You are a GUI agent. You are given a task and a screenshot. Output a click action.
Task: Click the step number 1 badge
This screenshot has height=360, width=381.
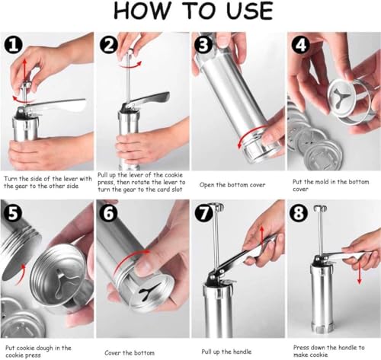pyautogui.click(x=14, y=45)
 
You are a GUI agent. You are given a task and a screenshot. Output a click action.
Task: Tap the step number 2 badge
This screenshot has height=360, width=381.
pyautogui.click(x=109, y=44)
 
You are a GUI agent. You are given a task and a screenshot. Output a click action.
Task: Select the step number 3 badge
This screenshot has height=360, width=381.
pyautogui.click(x=203, y=45)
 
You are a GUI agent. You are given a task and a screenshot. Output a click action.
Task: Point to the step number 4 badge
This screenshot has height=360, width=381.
pyautogui.click(x=301, y=45)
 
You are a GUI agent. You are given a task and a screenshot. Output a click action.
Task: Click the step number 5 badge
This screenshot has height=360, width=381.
pyautogui.click(x=13, y=212)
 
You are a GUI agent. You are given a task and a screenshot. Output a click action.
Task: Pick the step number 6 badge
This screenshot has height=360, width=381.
pyautogui.click(x=109, y=212)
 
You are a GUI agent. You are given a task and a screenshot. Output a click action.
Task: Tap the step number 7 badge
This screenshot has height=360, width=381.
pyautogui.click(x=203, y=213)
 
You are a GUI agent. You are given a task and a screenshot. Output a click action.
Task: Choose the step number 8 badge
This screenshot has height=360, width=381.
pyautogui.click(x=299, y=212)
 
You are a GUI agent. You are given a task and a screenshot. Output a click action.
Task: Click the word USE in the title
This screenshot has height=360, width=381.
pyautogui.click(x=249, y=11)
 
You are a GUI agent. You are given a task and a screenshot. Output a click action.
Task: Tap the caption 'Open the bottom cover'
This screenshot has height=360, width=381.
pyautogui.click(x=232, y=185)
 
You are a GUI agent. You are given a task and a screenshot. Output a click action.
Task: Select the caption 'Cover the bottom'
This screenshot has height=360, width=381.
pyautogui.click(x=130, y=352)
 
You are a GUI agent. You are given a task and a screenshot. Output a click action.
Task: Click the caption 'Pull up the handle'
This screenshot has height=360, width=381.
pyautogui.click(x=226, y=352)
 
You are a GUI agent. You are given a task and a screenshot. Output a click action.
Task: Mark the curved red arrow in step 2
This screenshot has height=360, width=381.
pyautogui.click(x=130, y=65)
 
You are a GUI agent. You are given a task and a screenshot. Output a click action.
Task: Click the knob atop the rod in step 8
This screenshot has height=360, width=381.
pyautogui.click(x=319, y=209)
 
